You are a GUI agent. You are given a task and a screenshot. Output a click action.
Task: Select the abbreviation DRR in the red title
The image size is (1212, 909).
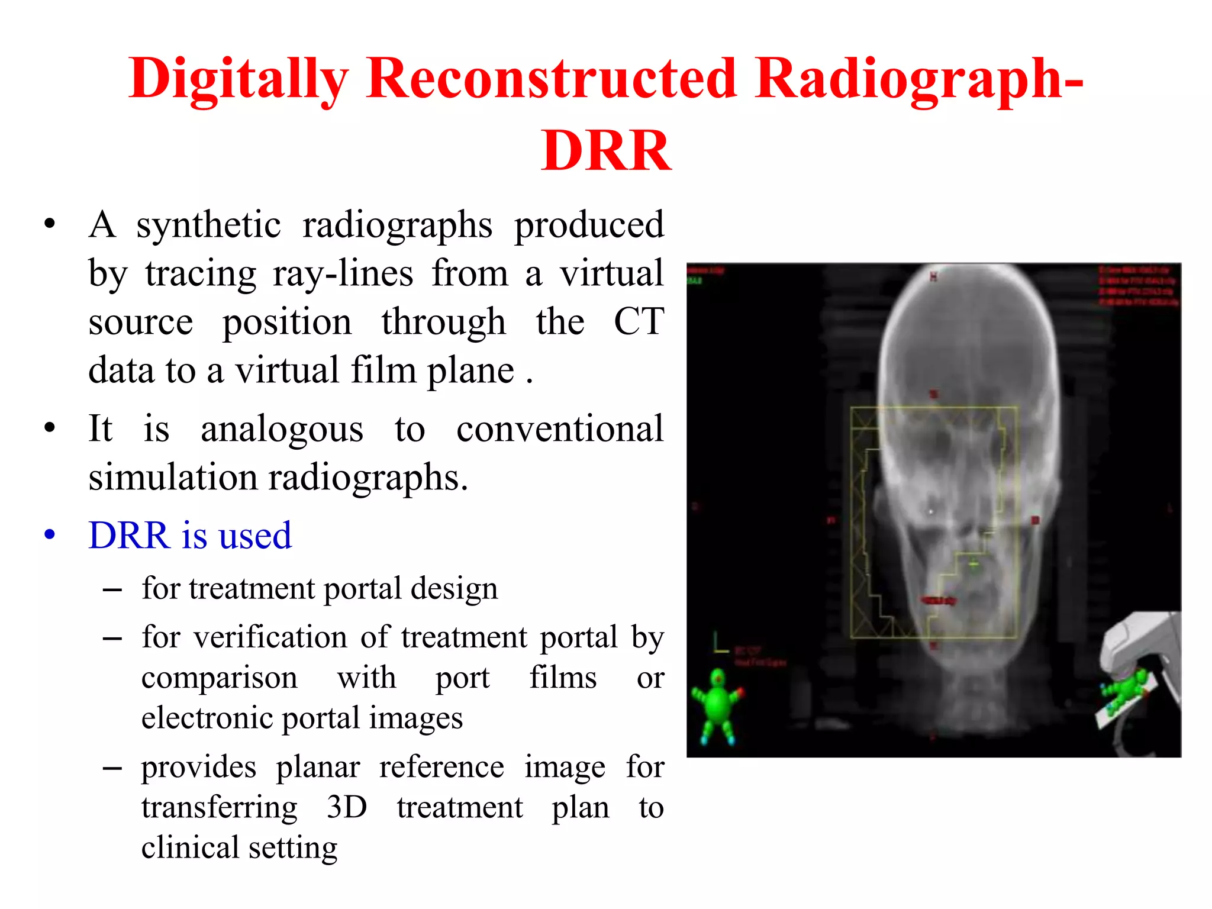click(x=606, y=151)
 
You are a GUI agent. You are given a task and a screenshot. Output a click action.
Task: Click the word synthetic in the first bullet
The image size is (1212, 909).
click(x=208, y=225)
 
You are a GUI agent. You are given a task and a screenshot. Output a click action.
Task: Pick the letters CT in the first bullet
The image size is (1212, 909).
click(x=639, y=322)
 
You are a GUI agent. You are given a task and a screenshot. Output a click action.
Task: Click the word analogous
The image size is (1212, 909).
click(x=282, y=430)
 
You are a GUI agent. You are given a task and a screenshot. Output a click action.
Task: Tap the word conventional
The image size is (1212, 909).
click(x=560, y=428)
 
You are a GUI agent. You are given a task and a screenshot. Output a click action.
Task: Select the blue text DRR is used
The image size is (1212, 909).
click(x=190, y=536)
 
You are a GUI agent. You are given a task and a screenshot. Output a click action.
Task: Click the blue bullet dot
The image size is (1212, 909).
click(x=50, y=534)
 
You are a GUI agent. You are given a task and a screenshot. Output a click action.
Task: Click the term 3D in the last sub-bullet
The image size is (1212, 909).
click(x=347, y=807)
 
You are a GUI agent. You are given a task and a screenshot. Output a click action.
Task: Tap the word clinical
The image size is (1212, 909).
click(x=190, y=847)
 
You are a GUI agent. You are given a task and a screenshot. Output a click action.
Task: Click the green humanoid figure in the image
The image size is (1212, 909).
click(x=718, y=704)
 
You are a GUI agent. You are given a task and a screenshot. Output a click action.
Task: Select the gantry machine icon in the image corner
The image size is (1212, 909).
click(x=1139, y=681)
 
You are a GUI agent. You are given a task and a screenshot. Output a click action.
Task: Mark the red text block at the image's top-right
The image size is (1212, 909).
click(x=1137, y=286)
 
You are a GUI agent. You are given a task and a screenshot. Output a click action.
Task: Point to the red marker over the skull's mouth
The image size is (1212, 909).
click(x=939, y=601)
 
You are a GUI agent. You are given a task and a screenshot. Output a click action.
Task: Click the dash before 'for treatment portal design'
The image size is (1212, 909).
click(x=112, y=590)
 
